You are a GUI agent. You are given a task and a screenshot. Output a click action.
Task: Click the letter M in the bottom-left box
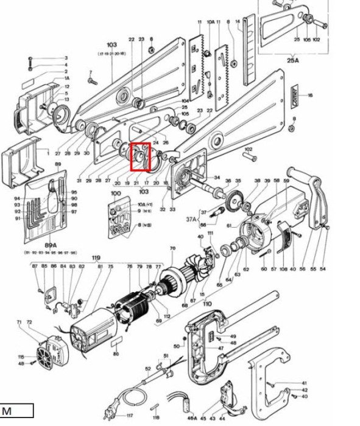[7, 411]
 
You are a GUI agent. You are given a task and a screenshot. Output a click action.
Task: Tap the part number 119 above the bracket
[96, 258]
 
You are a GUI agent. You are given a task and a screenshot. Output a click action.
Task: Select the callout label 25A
[293, 61]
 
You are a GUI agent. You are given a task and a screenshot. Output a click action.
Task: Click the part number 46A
[192, 419]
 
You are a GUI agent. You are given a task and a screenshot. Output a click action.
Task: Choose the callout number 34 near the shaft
[217, 178]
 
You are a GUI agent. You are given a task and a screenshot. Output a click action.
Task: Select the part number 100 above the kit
[116, 194]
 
